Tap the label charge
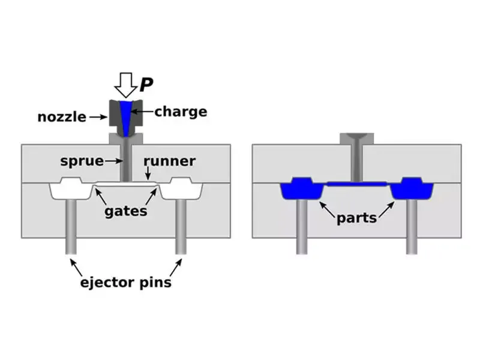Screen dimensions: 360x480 point(181,112)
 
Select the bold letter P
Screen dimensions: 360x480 point(145,85)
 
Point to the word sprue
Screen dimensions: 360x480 point(80,161)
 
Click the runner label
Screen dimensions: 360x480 point(169,161)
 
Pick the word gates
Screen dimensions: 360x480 point(126,211)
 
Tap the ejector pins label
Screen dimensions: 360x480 point(126,282)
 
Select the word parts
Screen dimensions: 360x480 point(357,217)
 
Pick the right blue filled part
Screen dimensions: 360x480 point(412,189)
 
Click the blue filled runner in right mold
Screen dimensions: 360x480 point(357,184)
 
